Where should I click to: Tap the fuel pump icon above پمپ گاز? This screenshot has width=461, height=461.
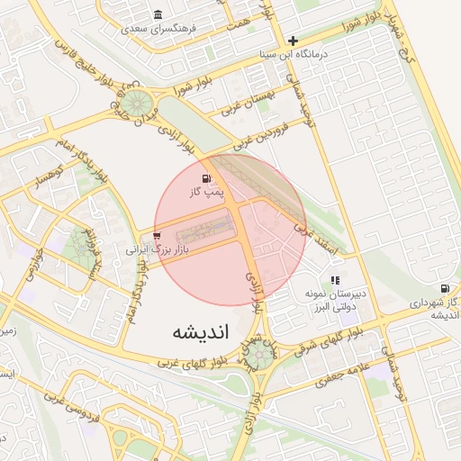pos(209,177)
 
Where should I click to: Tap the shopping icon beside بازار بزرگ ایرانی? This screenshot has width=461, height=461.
pos(157,235)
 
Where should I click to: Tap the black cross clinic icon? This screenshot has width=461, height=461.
pos(292,41)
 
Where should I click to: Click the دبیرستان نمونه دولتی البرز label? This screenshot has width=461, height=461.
pos(335,301)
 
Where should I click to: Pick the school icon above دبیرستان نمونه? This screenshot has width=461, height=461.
pos(335,281)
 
